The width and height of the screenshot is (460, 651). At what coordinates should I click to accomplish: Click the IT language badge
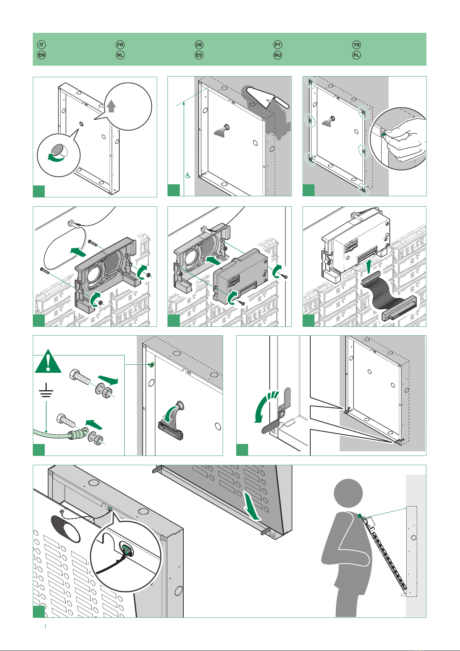pos(42,45)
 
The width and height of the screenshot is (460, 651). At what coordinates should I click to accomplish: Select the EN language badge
pos(42,55)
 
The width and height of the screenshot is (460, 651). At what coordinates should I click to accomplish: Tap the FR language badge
pos(120,45)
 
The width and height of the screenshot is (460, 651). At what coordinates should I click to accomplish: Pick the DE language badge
pos(199,45)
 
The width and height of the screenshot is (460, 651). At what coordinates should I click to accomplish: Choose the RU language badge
pos(278,55)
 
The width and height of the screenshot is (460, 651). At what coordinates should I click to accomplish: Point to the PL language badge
pos(357,55)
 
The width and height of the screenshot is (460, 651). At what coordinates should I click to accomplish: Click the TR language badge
pos(357,45)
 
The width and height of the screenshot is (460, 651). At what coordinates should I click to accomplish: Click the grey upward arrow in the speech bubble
pos(111,106)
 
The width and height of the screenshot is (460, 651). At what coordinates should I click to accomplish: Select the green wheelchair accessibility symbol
pos(188,176)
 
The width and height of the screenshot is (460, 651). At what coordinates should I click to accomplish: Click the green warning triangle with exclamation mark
pos(48,362)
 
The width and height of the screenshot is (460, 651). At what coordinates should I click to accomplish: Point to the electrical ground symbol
pos(46,392)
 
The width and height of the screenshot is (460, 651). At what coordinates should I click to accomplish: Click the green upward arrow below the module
pos(369,266)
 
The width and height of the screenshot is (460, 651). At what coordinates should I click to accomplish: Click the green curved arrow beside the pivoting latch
pos(263,408)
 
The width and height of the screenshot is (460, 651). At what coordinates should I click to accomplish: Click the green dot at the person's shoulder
pos(360,515)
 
